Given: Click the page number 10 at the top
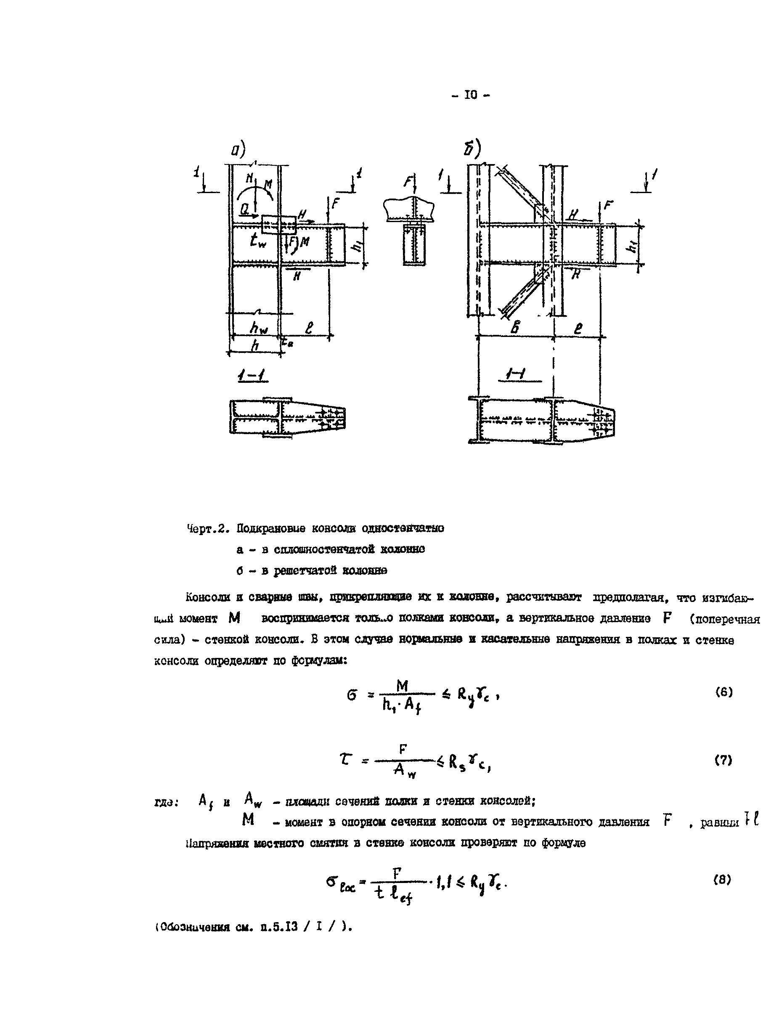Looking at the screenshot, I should (470, 95).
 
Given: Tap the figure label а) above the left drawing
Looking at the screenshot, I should (238, 150).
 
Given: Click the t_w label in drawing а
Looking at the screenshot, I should (257, 240).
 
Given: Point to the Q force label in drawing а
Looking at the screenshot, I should (244, 209).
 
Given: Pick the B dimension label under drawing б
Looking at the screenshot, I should (514, 327).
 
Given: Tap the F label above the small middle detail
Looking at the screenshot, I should (408, 182).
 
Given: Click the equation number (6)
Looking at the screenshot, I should (723, 692).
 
